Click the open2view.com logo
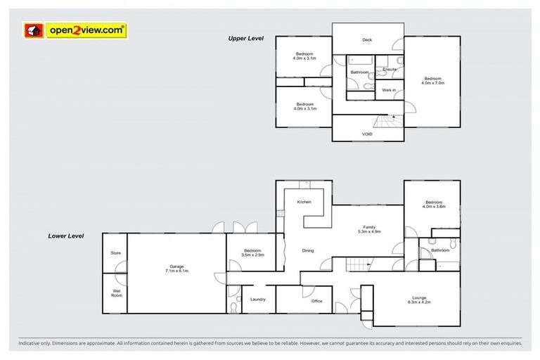(75, 30)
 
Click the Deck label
(366, 40)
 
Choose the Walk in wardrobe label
(388, 90)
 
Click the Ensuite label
(390, 70)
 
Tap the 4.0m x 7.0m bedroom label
(432, 80)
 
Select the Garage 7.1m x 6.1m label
(176, 269)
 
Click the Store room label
(115, 253)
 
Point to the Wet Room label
(115, 293)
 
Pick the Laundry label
(257, 300)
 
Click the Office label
(316, 301)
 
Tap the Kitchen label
(304, 202)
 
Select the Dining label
(308, 250)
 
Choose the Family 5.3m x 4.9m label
(368, 229)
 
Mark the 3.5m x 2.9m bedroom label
(253, 252)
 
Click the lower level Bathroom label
(440, 250)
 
